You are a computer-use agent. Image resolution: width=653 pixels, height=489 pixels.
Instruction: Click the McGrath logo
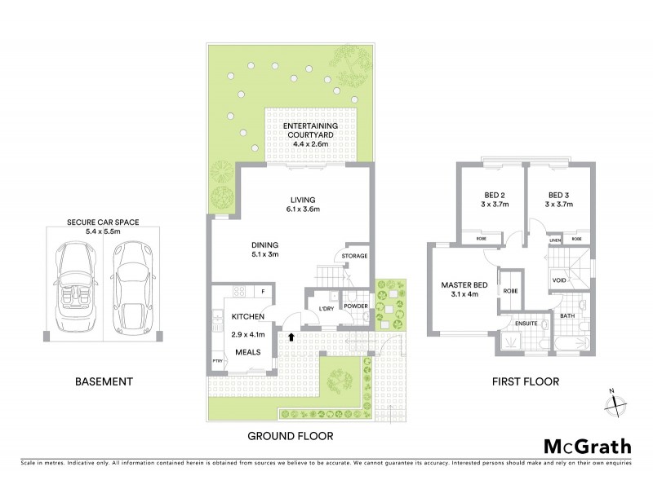tap(586, 447)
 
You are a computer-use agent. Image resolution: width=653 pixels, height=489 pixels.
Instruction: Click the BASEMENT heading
tap(104, 381)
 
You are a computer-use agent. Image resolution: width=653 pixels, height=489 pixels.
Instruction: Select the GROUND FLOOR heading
tap(290, 437)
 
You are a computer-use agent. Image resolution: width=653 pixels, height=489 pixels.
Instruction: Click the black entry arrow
tap(291, 335)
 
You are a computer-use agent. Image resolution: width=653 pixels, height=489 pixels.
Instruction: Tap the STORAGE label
tap(355, 256)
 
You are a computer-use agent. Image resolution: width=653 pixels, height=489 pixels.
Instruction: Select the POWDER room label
tap(356, 306)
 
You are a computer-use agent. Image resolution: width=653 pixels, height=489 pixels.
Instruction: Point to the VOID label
tap(559, 280)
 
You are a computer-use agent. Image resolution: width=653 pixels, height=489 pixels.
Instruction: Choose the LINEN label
tap(554, 240)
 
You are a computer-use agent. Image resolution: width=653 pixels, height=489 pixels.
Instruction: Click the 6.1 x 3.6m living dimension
tap(303, 210)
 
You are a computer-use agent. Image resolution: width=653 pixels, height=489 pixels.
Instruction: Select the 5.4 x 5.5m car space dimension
tap(103, 232)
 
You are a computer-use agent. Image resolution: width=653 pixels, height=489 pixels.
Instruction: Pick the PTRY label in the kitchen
tap(217, 359)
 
